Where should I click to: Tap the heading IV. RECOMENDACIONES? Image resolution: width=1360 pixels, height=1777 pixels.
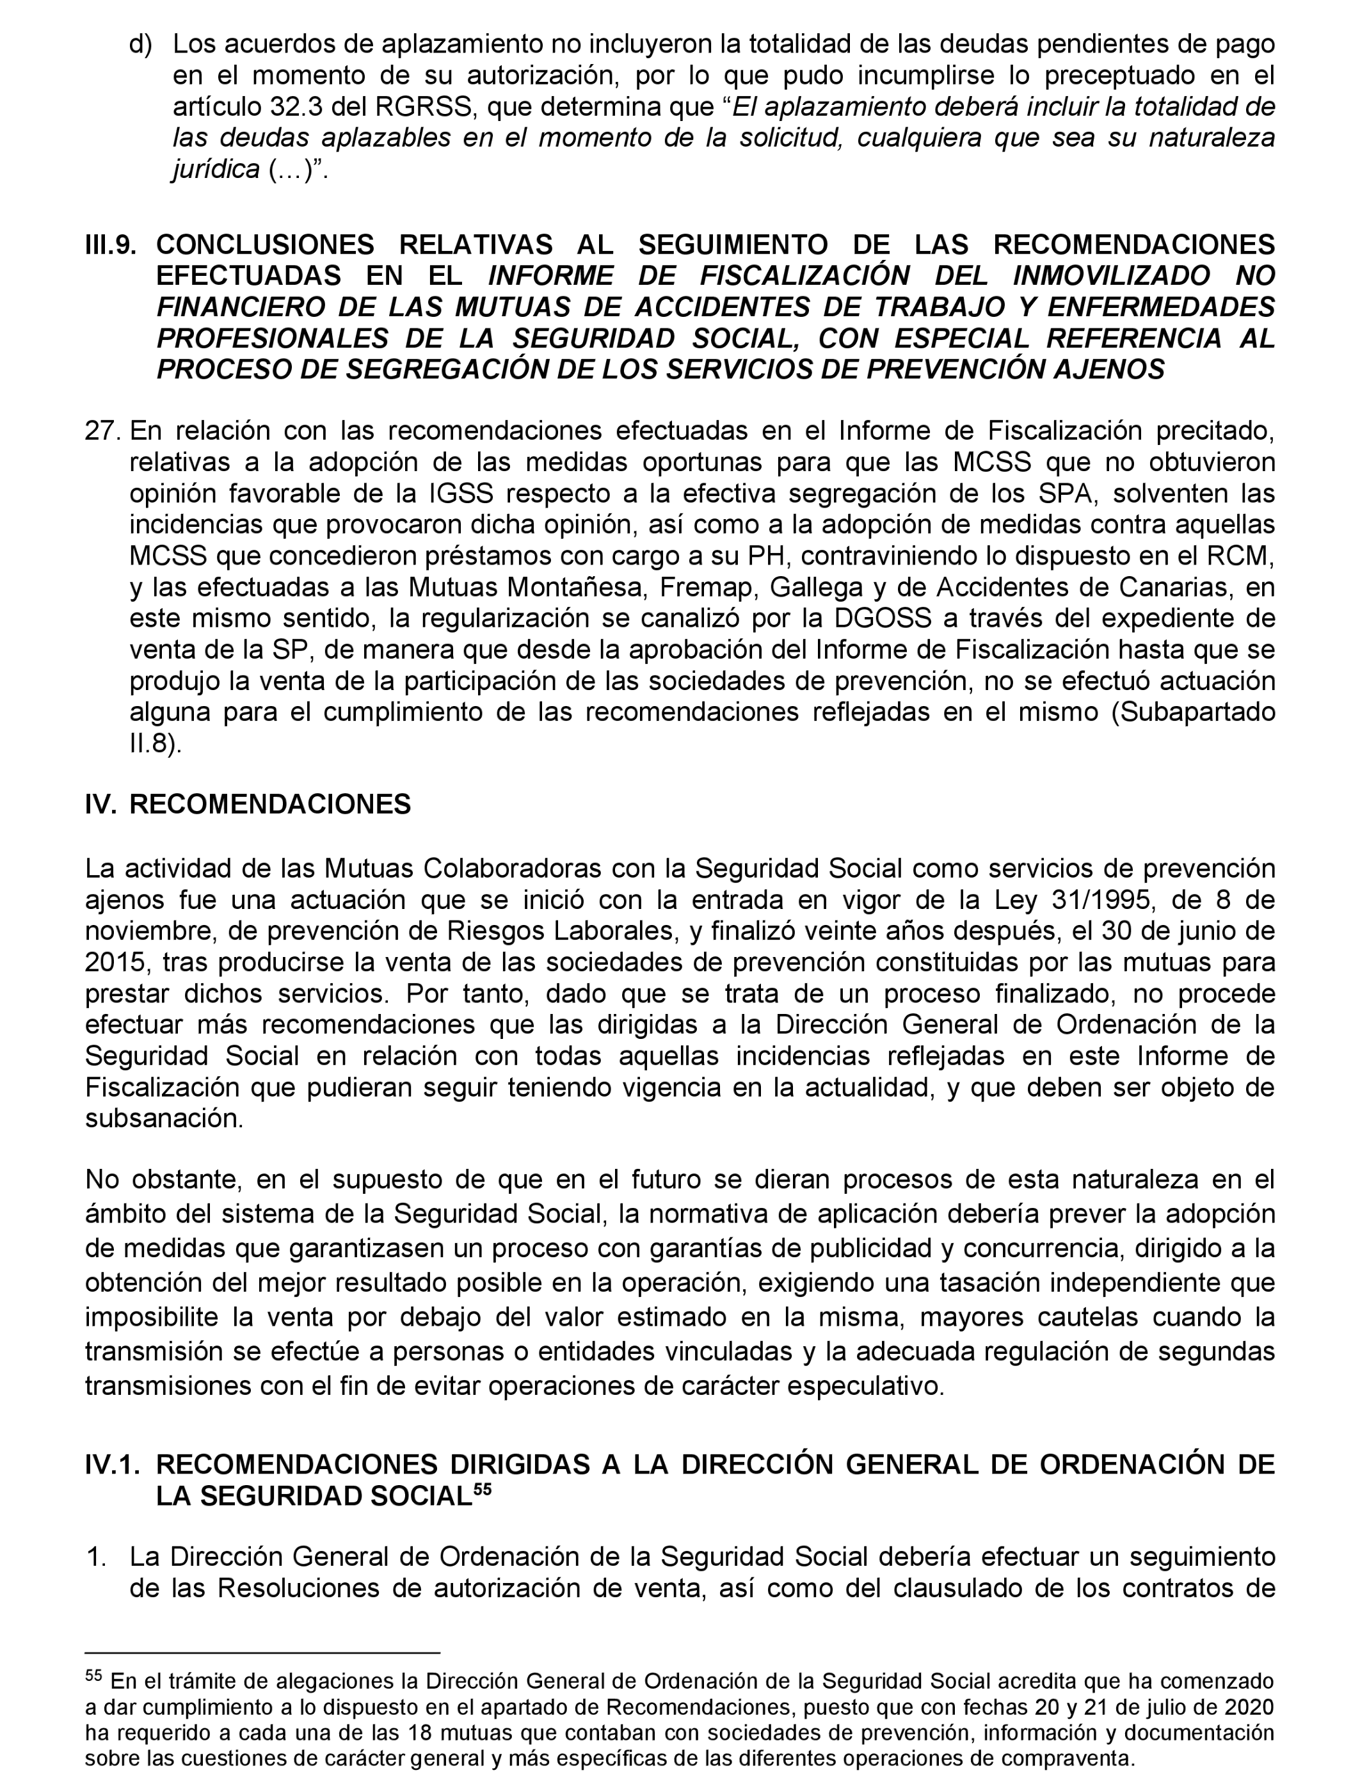[248, 804]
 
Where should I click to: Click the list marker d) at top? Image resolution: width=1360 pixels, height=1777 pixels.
[141, 45]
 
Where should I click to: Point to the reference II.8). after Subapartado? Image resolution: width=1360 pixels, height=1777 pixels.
[156, 744]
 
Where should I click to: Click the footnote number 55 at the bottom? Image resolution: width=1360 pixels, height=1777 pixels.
[95, 1674]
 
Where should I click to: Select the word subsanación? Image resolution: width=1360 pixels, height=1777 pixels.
[164, 1118]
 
